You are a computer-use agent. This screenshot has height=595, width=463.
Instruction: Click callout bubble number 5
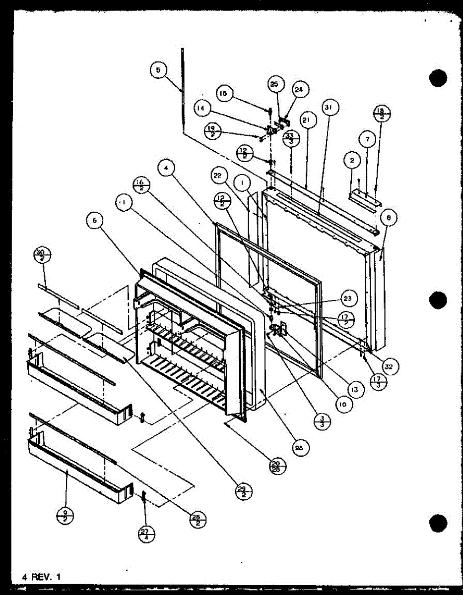(157, 70)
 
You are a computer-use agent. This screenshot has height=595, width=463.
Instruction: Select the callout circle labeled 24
(298, 90)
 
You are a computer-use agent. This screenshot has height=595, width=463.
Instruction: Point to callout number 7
(367, 140)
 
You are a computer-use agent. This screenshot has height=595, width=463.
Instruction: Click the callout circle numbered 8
(389, 217)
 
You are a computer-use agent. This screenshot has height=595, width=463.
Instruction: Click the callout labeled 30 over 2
(43, 256)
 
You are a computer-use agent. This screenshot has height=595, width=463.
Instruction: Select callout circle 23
(347, 298)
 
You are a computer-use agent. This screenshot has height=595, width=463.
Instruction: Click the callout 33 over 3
(290, 138)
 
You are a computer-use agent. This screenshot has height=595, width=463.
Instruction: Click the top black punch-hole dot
(438, 78)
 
